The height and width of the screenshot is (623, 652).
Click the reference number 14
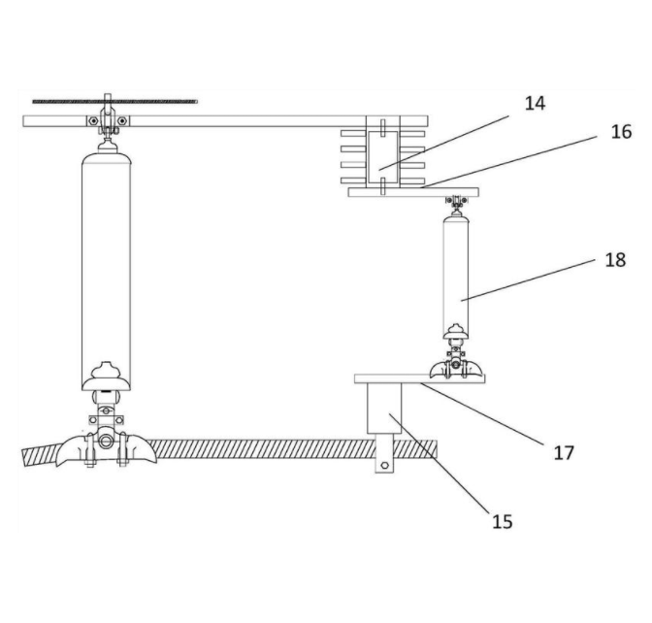click(x=535, y=103)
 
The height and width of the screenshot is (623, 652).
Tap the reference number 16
click(x=621, y=132)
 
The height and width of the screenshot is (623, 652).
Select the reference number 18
click(x=615, y=260)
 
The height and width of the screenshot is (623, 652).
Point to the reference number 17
click(x=564, y=452)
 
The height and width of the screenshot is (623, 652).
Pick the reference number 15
click(x=503, y=521)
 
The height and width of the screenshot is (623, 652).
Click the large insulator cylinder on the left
click(x=106, y=271)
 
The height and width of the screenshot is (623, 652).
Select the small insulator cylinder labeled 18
click(x=456, y=277)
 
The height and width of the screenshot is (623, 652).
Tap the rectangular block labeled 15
click(x=384, y=409)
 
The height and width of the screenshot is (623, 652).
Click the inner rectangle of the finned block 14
click(x=383, y=157)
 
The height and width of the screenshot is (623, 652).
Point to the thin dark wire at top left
click(x=114, y=102)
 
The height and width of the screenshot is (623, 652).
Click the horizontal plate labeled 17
click(x=419, y=378)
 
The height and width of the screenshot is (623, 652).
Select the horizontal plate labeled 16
click(x=413, y=192)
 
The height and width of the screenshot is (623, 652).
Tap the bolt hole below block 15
click(x=384, y=466)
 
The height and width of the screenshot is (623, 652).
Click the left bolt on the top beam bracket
click(x=94, y=121)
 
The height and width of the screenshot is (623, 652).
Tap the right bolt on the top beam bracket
click(x=121, y=121)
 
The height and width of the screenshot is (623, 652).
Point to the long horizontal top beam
click(x=225, y=121)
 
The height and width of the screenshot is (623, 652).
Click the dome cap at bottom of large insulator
click(x=107, y=377)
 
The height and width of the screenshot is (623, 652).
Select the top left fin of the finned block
click(x=353, y=134)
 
